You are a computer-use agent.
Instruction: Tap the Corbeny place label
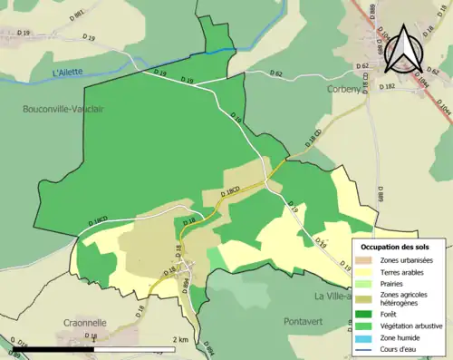point(345,90)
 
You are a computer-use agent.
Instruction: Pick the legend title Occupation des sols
point(401,247)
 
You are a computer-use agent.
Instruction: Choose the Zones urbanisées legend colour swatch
point(367,259)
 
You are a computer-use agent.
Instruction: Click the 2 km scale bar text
point(180,339)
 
